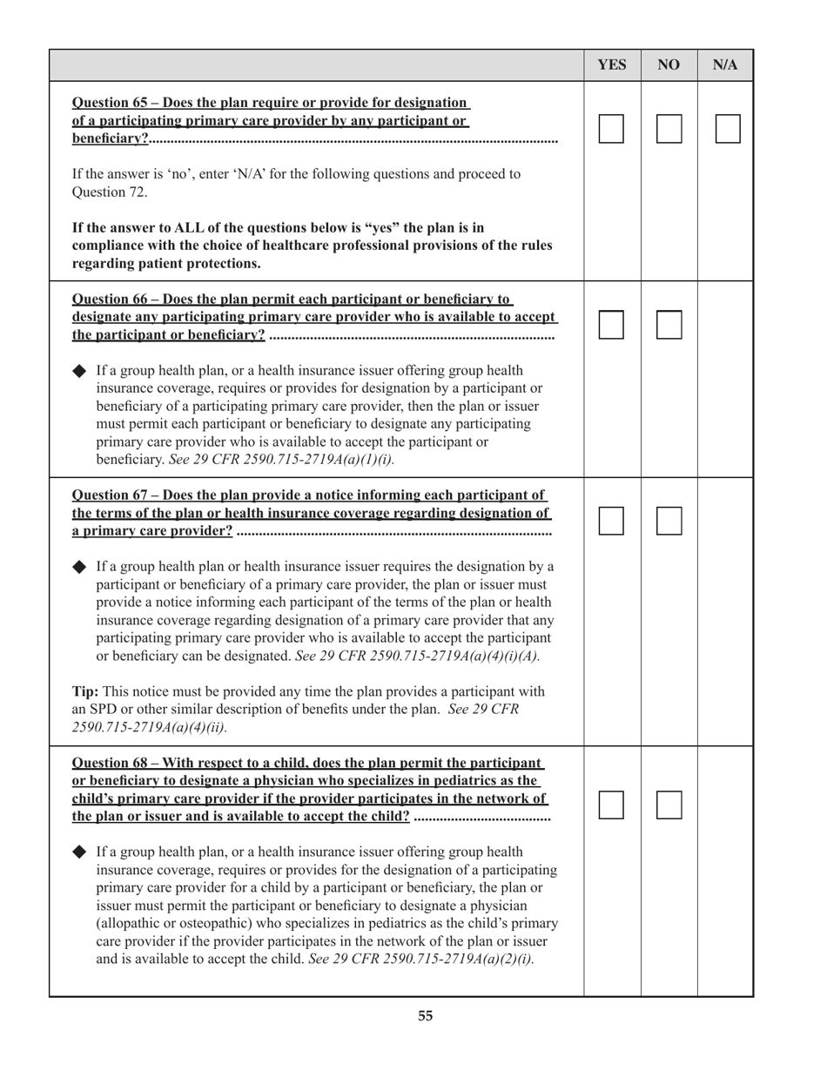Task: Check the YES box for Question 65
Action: (x=611, y=129)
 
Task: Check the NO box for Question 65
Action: (x=669, y=129)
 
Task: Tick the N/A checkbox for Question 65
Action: (x=728, y=129)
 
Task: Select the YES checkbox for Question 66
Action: (x=611, y=325)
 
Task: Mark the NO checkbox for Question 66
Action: (x=669, y=325)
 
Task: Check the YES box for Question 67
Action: (x=611, y=521)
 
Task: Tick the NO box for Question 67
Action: (x=669, y=521)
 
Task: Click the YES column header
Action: (x=612, y=65)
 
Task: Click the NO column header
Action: (x=669, y=65)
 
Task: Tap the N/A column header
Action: (x=725, y=65)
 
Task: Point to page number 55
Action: (x=425, y=1015)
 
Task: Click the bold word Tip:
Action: (x=84, y=691)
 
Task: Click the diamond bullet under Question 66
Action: (x=79, y=371)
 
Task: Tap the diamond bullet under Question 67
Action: (x=79, y=567)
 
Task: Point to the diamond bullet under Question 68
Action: (x=79, y=852)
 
